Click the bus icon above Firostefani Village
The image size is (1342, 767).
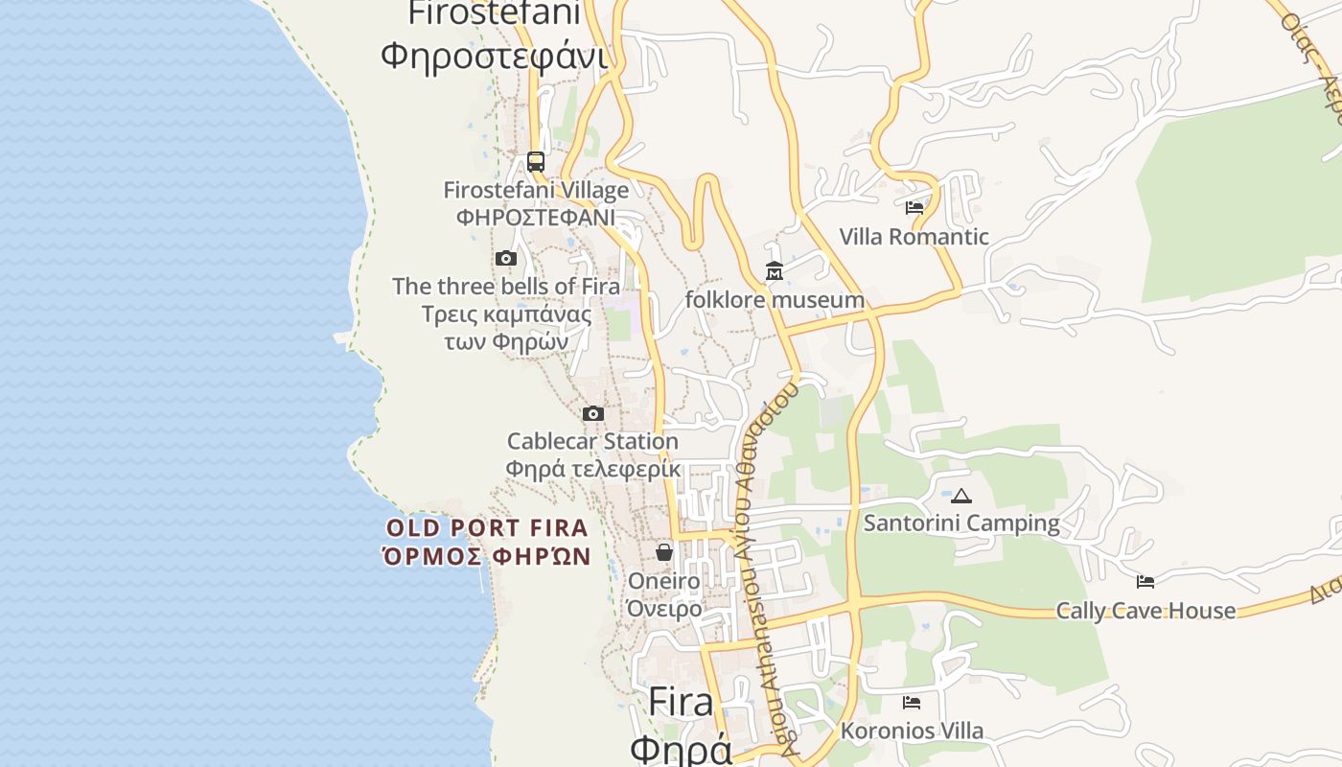pyautogui.click(x=536, y=162)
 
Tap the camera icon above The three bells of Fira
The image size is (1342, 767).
pyautogui.click(x=506, y=258)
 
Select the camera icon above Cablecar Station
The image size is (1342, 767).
pyautogui.click(x=593, y=414)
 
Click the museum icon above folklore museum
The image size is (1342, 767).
pyautogui.click(x=775, y=271)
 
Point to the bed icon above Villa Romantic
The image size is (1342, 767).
pyautogui.click(x=914, y=207)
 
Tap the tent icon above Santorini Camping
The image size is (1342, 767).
pyautogui.click(x=961, y=496)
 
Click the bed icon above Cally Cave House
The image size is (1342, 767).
pyautogui.click(x=1145, y=581)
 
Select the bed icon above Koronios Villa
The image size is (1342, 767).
pyautogui.click(x=912, y=703)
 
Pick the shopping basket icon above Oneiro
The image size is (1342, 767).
pyautogui.click(x=664, y=552)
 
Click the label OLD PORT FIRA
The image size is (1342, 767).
pyautogui.click(x=487, y=527)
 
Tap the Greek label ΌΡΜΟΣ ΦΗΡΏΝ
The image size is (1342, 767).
pyautogui.click(x=486, y=556)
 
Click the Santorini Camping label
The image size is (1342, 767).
pyautogui.click(x=961, y=523)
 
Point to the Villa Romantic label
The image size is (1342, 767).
pyautogui.click(x=914, y=237)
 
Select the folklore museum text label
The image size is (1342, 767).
pyautogui.click(x=775, y=300)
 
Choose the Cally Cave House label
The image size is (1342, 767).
pyautogui.click(x=1145, y=611)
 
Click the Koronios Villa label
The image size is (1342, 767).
pyautogui.click(x=912, y=731)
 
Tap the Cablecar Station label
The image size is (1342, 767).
pyautogui.click(x=592, y=441)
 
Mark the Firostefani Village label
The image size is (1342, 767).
pyautogui.click(x=536, y=190)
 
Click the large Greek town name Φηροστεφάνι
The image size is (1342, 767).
pyautogui.click(x=494, y=56)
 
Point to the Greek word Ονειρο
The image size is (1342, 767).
pyautogui.click(x=664, y=609)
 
